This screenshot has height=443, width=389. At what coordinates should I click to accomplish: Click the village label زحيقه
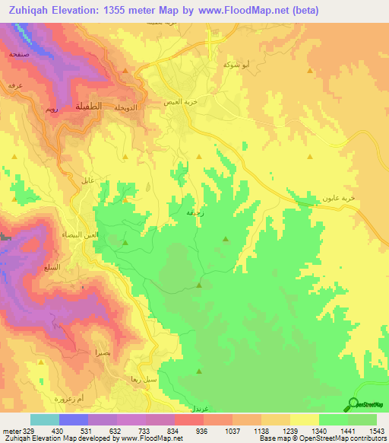click(194, 215)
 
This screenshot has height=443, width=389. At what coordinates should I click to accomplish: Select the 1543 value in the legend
click(377, 431)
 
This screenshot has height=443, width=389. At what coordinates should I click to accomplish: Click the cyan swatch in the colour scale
click(44, 419)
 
